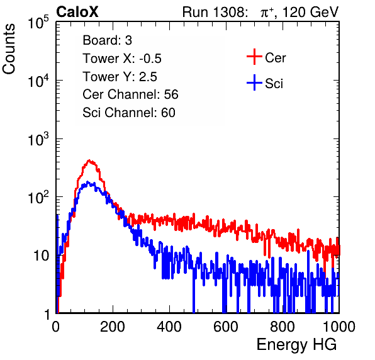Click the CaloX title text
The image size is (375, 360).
pyautogui.click(x=77, y=12)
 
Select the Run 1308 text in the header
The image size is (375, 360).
pyautogui.click(x=215, y=12)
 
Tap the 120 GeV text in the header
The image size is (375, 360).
pyautogui.click(x=310, y=12)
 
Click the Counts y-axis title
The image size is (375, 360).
pyautogui.click(x=9, y=49)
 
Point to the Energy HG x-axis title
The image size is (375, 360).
pyautogui.click(x=296, y=345)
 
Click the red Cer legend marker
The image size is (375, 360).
pyautogui.click(x=254, y=57)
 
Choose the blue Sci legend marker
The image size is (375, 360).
pyautogui.click(x=254, y=82)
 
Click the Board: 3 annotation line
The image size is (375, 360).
pyautogui.click(x=107, y=40)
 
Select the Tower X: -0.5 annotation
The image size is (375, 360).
pyautogui.click(x=122, y=59)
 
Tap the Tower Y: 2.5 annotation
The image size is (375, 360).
pyautogui.click(x=120, y=77)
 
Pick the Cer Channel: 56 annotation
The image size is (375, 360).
pyautogui.click(x=130, y=94)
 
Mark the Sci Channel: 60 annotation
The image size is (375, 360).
pyautogui.click(x=129, y=113)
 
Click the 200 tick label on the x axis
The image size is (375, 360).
pyautogui.click(x=113, y=327)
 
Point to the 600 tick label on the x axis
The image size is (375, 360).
pyautogui.click(x=226, y=327)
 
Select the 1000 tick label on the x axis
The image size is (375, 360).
pyautogui.click(x=339, y=327)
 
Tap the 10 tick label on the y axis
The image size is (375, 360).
pyautogui.click(x=41, y=256)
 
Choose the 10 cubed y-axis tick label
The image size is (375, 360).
pyautogui.click(x=38, y=139)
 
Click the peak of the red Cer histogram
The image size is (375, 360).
pyautogui.click(x=89, y=160)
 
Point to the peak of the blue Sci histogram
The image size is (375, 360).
pyautogui.click(x=87, y=182)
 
